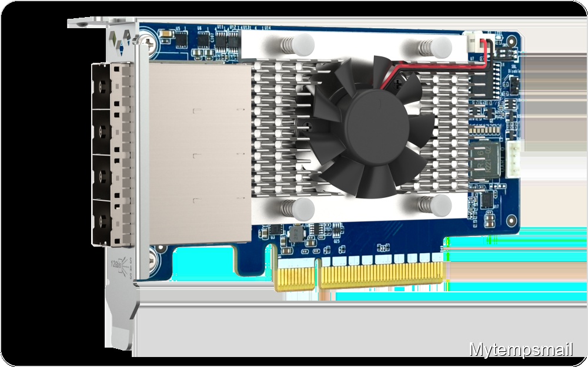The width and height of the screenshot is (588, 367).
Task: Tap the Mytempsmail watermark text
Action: point(521,350)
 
